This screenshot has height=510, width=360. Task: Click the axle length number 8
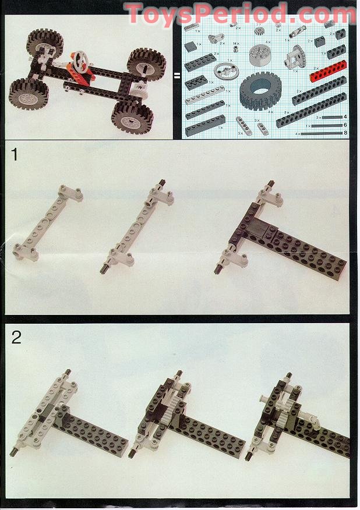point(345,133)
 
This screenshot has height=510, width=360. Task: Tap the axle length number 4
point(345,117)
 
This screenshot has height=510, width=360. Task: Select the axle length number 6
point(345,125)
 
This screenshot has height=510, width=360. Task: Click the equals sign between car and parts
point(177,75)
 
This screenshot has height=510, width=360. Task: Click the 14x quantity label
point(235,43)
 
